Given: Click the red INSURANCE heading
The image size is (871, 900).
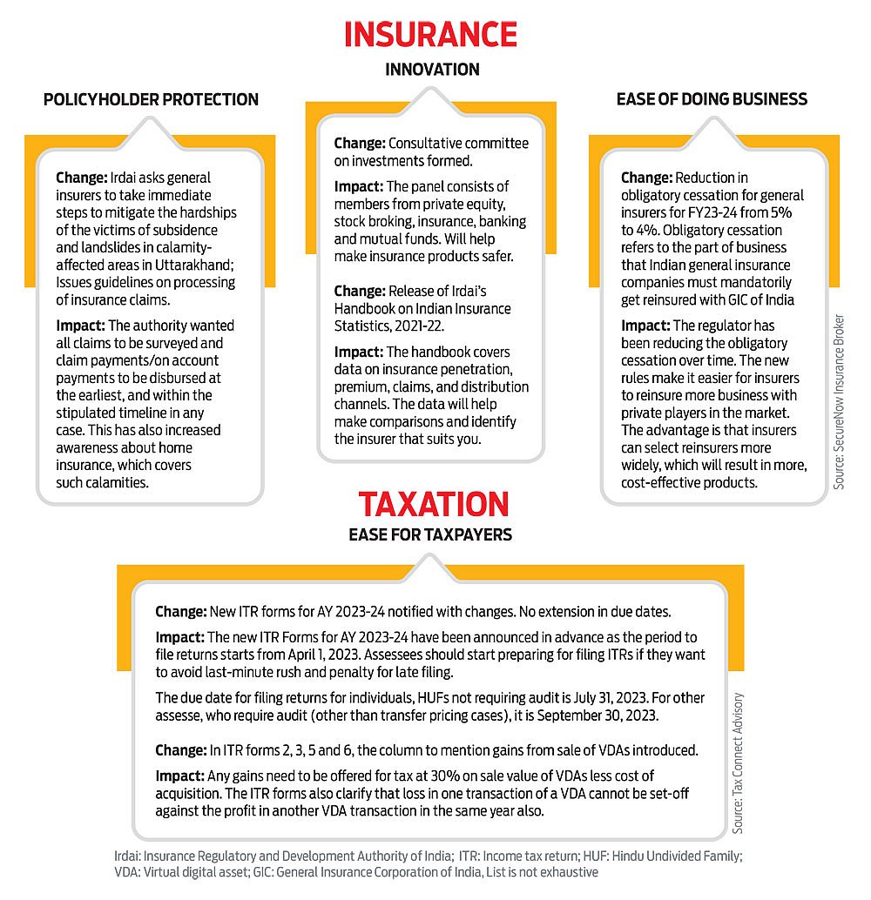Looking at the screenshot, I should pyautogui.click(x=430, y=34).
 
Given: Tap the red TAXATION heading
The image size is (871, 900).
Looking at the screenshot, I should pyautogui.click(x=434, y=505).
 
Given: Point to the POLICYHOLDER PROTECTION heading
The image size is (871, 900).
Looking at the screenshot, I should pyautogui.click(x=151, y=99).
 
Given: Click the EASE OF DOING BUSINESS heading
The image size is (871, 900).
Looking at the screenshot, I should pyautogui.click(x=712, y=99).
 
